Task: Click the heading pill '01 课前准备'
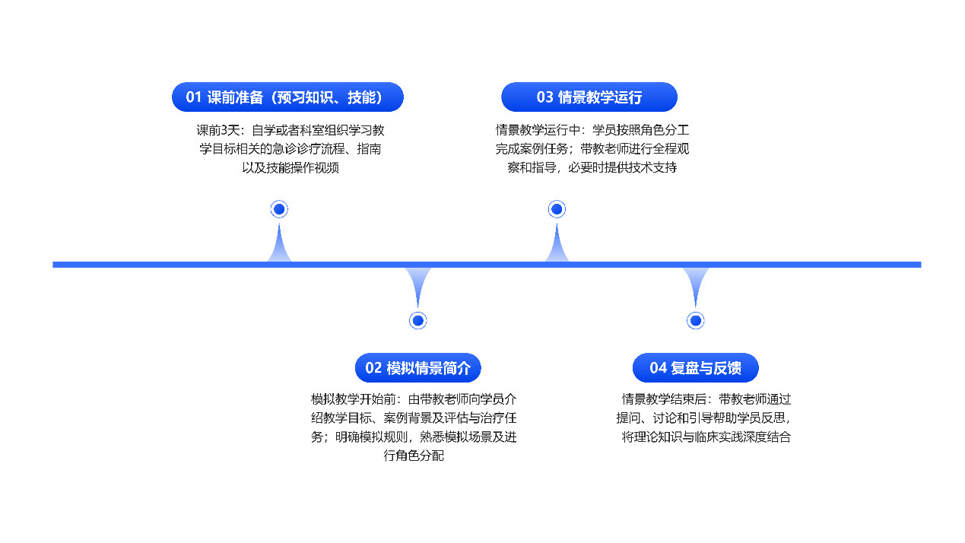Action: tap(287, 97)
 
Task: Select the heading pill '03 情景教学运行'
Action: tap(589, 97)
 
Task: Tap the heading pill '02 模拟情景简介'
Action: tap(418, 367)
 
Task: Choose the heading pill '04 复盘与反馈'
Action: tap(695, 367)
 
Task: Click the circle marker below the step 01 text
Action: tap(279, 209)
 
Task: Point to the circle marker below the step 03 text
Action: tap(557, 209)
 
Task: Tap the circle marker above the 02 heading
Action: tap(418, 321)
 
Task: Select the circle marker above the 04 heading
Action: tap(695, 321)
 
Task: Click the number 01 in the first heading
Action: tap(193, 97)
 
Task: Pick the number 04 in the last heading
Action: tap(658, 368)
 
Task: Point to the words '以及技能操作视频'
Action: tap(290, 167)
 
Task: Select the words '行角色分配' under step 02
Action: tap(414, 456)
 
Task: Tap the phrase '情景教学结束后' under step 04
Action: tap(664, 399)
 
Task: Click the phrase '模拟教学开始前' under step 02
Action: tap(354, 399)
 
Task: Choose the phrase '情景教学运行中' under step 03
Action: tap(538, 130)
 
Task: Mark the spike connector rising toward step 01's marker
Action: tap(279, 243)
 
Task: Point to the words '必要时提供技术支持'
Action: tap(623, 167)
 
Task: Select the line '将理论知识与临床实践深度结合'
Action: tap(706, 437)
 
